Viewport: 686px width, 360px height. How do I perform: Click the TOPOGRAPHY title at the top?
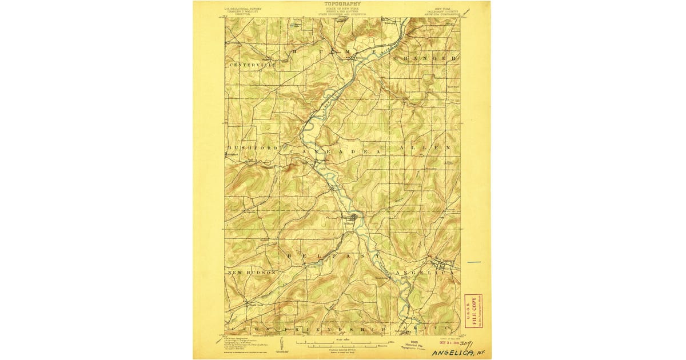pyautogui.click(x=342, y=3)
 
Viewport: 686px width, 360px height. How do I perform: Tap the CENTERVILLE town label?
pyautogui.click(x=253, y=66)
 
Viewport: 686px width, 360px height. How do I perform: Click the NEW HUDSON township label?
pyautogui.click(x=252, y=273)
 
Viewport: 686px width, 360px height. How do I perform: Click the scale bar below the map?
pyautogui.click(x=342, y=344)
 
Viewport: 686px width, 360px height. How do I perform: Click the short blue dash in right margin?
pyautogui.click(x=474, y=262)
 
